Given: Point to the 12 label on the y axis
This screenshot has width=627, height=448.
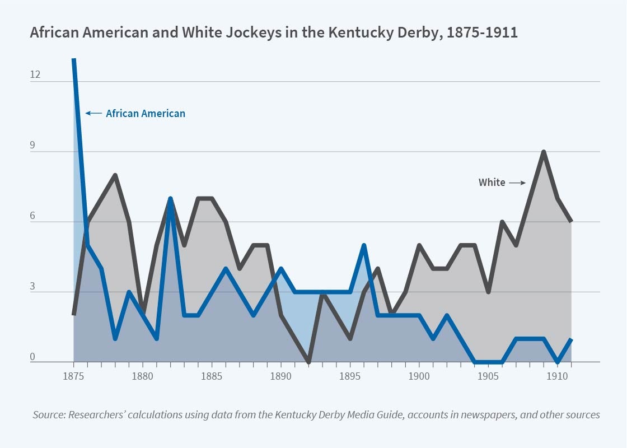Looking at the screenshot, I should [x=35, y=74].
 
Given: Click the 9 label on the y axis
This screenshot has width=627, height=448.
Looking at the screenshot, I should [x=32, y=145].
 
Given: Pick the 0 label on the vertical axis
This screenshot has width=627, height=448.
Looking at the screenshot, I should [x=32, y=356].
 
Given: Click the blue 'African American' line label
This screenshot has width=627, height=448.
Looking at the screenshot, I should [x=146, y=114].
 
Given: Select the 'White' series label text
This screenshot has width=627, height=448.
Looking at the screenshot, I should [x=492, y=182].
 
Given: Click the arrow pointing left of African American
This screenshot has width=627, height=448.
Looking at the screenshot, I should [x=93, y=114].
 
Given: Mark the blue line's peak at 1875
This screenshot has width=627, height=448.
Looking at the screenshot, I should [x=73, y=59].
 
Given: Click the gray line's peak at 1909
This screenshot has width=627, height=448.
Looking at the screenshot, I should [x=544, y=152].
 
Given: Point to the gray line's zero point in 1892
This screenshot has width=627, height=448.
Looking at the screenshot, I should [x=308, y=361].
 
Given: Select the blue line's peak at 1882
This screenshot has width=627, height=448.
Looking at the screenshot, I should [x=170, y=199].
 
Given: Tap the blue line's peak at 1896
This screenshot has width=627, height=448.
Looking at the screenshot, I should [x=364, y=245].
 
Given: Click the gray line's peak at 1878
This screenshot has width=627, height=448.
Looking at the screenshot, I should [x=115, y=175].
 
